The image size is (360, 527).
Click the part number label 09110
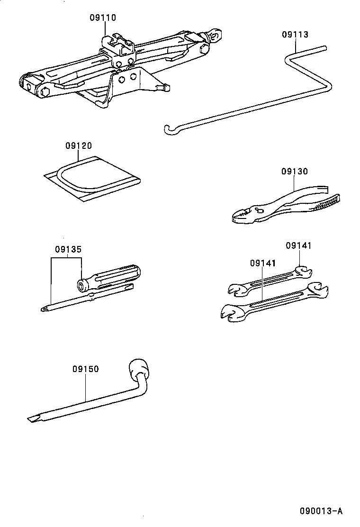[x=103, y=18]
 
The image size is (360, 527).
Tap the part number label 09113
[x=295, y=35]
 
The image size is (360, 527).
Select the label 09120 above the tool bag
[x=78, y=146]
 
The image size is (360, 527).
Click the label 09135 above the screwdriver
[x=68, y=249]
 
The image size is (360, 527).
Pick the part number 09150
[x=86, y=369]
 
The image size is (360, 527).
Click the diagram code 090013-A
[x=320, y=511]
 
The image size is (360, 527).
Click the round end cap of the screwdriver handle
[x=82, y=285]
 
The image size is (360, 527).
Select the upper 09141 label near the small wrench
[x=298, y=245]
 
